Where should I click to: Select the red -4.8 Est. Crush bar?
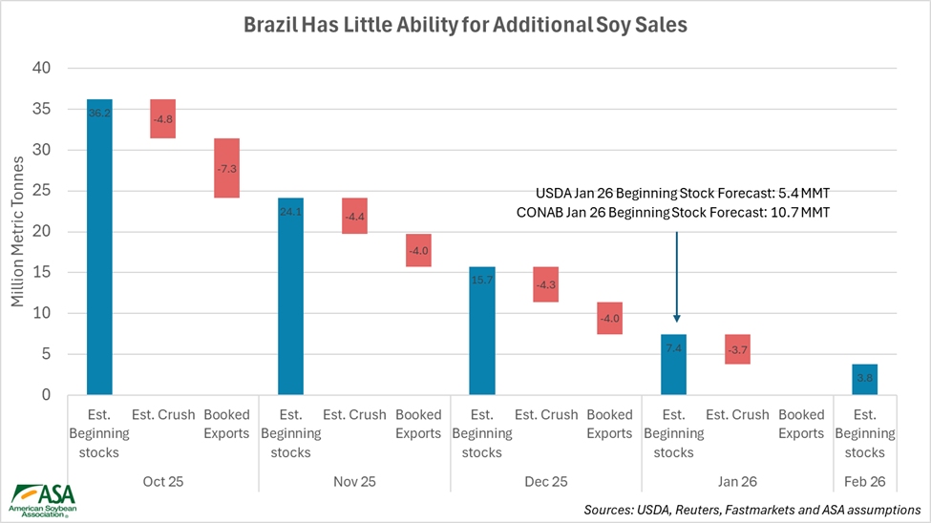162,118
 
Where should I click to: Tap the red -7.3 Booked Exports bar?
226,168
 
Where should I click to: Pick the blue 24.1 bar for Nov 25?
290,296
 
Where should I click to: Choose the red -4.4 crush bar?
354,216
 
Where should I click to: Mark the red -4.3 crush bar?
546,284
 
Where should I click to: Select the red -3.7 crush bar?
737,348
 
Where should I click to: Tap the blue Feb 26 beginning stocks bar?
864,379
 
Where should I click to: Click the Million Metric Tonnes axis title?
18,231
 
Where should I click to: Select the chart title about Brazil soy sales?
465,24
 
